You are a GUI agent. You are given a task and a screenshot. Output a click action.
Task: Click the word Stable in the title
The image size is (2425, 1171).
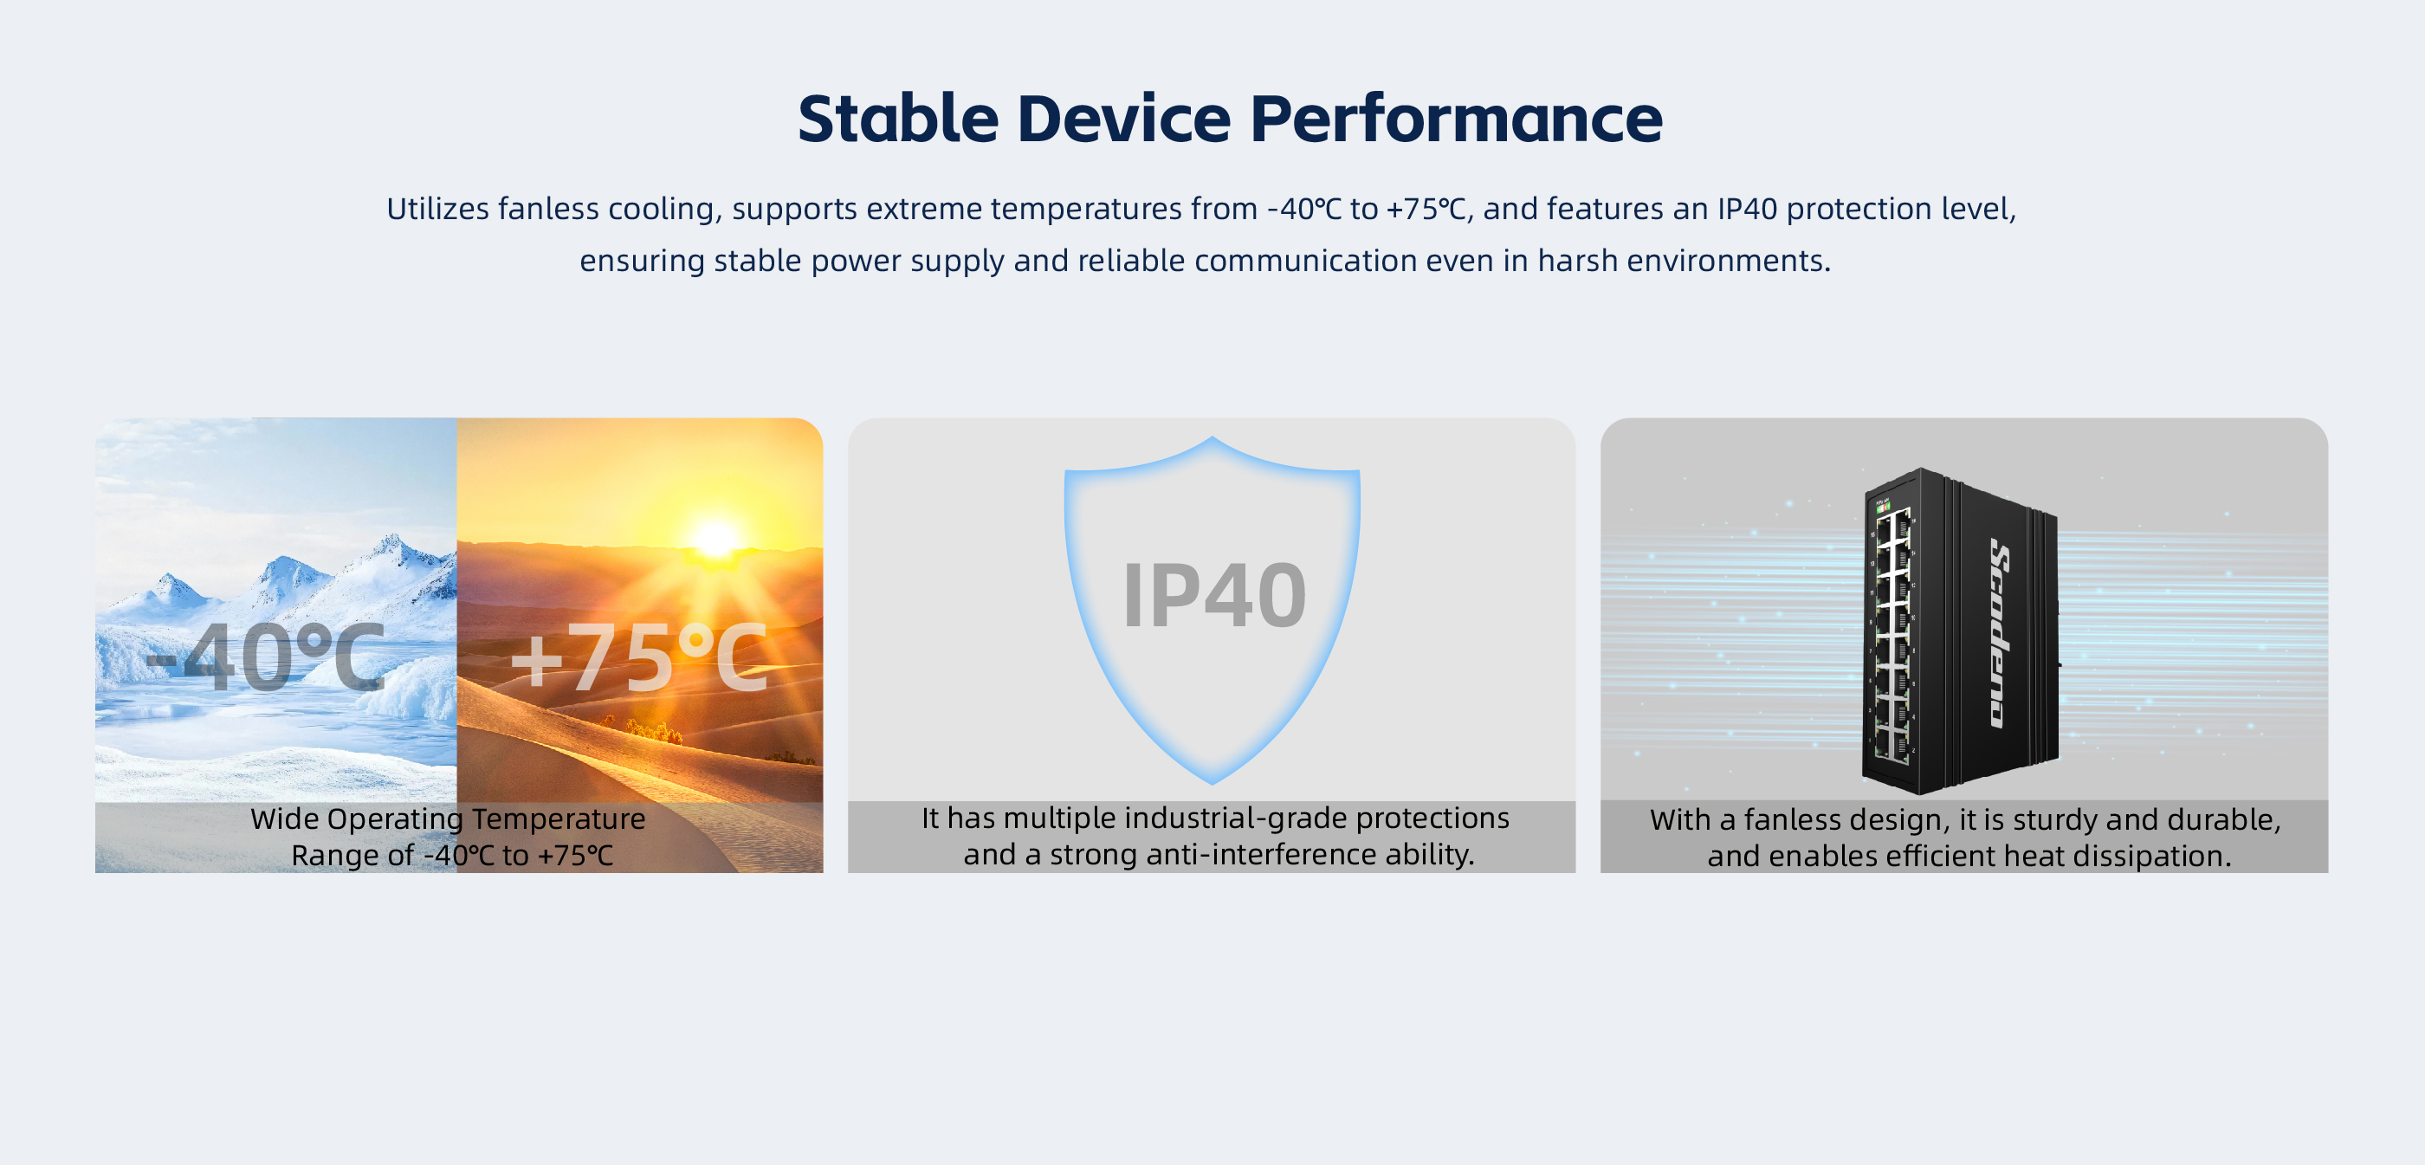pos(898,119)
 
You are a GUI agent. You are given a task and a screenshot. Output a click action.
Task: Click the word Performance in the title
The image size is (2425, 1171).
pos(1457,119)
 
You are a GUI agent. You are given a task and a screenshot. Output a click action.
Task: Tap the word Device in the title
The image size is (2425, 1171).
pos(1124,119)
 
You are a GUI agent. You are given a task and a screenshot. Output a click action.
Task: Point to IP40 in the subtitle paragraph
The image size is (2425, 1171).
pos(1747,209)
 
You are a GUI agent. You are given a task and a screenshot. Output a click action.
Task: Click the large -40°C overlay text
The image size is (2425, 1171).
pos(266,657)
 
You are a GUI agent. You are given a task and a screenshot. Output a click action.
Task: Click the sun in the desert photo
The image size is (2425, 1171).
pos(715,540)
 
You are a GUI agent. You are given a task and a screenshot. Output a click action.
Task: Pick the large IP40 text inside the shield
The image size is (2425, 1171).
pos(1214,595)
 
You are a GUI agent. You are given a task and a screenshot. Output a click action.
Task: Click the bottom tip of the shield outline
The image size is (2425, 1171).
pos(1212,783)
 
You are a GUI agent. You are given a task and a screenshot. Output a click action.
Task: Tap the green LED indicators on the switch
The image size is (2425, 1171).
pos(1884,508)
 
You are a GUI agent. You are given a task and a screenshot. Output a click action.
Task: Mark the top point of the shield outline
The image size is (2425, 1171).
pos(1212,438)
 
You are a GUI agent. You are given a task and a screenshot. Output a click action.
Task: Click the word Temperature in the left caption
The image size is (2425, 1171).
pos(559,820)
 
